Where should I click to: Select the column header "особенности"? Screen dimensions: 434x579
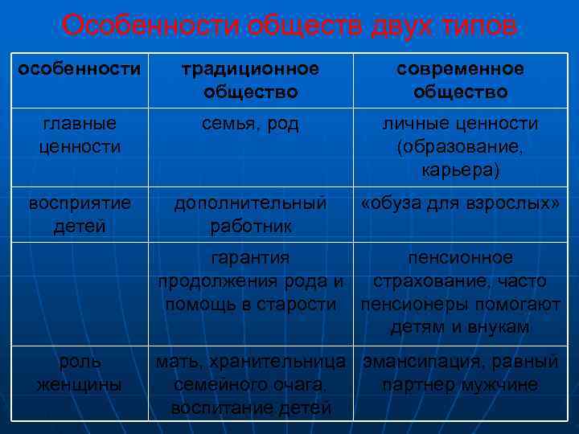click(x=79, y=69)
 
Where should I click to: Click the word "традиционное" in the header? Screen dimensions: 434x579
click(x=250, y=69)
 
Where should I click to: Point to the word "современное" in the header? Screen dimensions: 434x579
click(x=460, y=69)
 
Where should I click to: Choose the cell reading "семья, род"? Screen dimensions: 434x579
click(x=250, y=124)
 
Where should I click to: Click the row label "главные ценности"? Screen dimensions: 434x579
click(x=79, y=135)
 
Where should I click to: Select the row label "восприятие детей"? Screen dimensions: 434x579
click(x=79, y=215)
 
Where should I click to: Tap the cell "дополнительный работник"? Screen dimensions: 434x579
click(x=250, y=215)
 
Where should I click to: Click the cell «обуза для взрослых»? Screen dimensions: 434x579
click(x=460, y=203)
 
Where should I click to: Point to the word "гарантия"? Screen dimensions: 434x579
click(x=250, y=258)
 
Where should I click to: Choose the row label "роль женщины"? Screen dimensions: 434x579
click(x=79, y=373)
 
